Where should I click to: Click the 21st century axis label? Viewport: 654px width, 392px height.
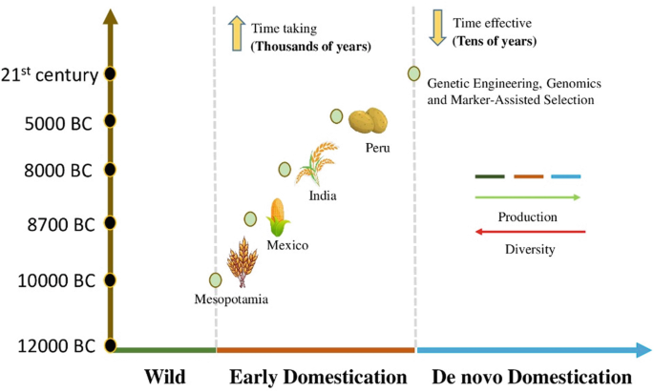click(50, 74)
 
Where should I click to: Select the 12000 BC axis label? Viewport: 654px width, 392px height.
click(54, 346)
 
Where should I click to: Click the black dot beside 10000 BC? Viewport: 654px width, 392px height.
click(111, 280)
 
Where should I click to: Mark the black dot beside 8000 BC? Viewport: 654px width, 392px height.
click(111, 170)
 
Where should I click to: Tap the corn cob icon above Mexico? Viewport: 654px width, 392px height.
click(278, 217)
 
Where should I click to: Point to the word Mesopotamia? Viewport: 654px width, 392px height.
click(231, 299)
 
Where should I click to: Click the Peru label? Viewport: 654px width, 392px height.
click(377, 148)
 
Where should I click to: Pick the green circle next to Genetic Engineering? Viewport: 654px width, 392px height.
click(413, 73)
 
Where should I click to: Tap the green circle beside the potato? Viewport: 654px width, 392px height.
click(337, 116)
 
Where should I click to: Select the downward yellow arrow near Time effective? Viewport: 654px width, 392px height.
click(438, 28)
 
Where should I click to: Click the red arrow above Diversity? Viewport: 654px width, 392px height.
click(530, 231)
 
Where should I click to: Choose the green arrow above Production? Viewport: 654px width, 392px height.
click(527, 197)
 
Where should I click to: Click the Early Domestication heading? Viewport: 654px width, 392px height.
click(318, 377)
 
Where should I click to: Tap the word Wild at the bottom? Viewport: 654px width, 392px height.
click(164, 377)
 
